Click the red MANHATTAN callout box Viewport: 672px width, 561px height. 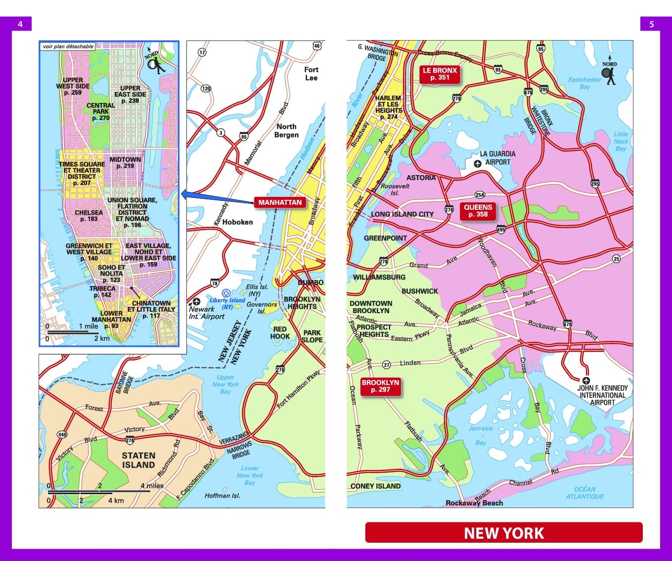(x=280, y=202)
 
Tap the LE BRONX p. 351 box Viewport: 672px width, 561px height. (x=440, y=74)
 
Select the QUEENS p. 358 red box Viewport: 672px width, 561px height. (x=478, y=211)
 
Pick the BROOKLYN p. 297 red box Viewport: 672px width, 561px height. (x=380, y=386)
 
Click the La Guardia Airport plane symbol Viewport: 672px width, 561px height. (x=478, y=164)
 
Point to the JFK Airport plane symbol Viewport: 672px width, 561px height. (x=586, y=380)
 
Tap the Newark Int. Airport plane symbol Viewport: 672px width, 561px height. (x=196, y=301)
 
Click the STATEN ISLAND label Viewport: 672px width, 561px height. (x=138, y=460)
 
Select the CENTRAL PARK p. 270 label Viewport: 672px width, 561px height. (x=101, y=111)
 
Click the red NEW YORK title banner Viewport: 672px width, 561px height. (x=504, y=533)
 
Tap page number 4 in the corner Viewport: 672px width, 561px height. (x=20, y=24)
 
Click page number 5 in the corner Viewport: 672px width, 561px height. (x=651, y=24)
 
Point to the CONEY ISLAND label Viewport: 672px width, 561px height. (x=375, y=486)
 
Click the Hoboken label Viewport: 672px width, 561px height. (x=237, y=222)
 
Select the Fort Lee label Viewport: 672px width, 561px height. (x=311, y=74)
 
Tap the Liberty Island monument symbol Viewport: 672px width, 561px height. (x=226, y=293)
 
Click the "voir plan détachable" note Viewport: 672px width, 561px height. (x=68, y=47)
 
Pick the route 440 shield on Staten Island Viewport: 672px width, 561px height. (x=62, y=434)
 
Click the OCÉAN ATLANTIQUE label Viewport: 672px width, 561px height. (x=584, y=492)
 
